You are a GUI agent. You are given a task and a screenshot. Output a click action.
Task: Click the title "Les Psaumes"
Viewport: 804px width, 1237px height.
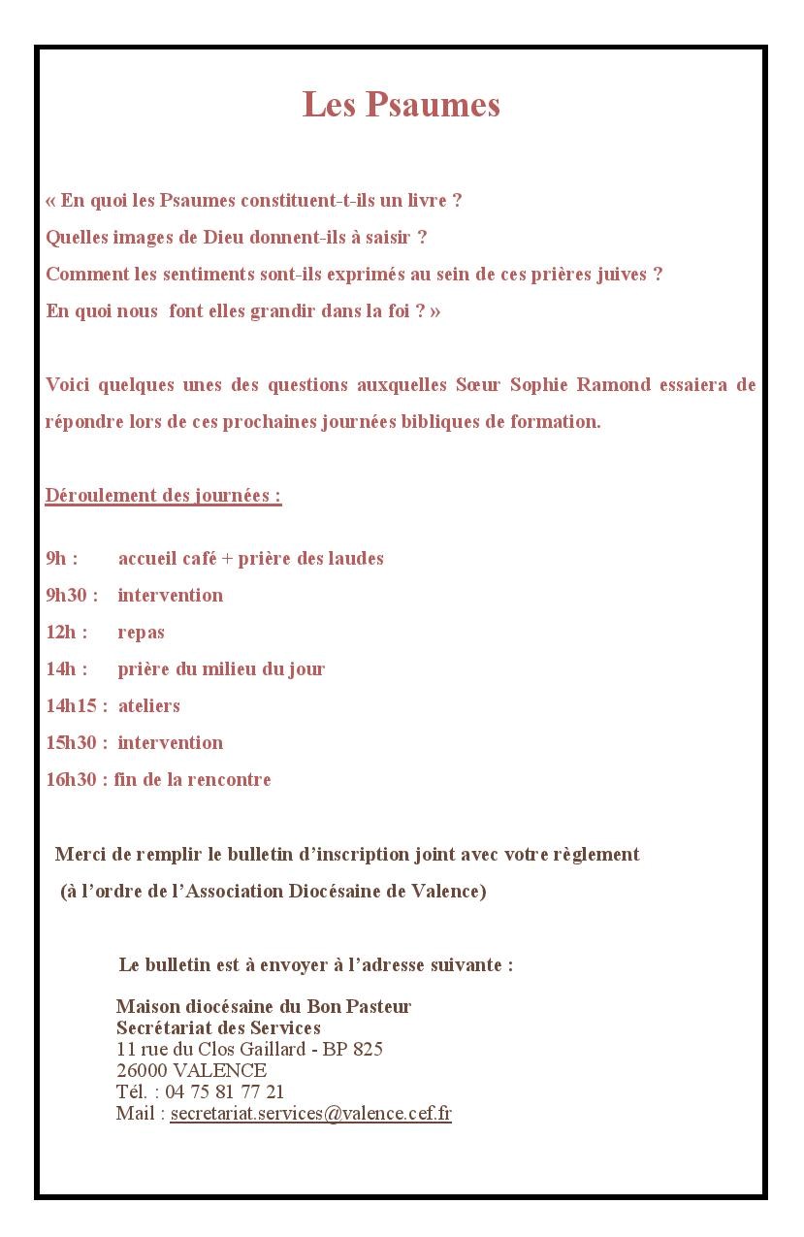click(402, 105)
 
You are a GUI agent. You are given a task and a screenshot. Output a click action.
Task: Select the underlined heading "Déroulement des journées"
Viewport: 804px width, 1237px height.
click(163, 496)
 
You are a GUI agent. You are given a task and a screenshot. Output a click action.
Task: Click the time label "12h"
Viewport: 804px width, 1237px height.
click(61, 633)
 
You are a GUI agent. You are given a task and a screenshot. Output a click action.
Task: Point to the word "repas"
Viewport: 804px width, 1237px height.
click(142, 633)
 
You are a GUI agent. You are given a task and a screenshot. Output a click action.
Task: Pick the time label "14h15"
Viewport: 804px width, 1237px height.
click(71, 706)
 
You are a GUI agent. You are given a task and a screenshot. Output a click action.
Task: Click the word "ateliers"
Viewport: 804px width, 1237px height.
click(149, 706)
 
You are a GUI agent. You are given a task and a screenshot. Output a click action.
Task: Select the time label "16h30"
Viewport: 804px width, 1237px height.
click(71, 780)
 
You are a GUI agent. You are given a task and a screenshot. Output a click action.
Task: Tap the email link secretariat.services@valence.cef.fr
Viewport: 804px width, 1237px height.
click(310, 1114)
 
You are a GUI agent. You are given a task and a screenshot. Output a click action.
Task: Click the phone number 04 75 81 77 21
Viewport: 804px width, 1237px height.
click(225, 1092)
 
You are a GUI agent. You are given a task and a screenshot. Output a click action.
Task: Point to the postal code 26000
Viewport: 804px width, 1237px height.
click(143, 1071)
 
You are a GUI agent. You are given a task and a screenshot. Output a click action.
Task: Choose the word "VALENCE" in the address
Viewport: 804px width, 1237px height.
click(221, 1071)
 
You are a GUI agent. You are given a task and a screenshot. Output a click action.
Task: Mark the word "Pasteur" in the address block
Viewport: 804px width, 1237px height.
click(377, 1007)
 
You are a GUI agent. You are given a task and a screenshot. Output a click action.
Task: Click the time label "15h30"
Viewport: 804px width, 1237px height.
click(71, 743)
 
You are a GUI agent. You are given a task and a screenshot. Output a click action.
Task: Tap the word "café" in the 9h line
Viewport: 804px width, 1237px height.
click(199, 559)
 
